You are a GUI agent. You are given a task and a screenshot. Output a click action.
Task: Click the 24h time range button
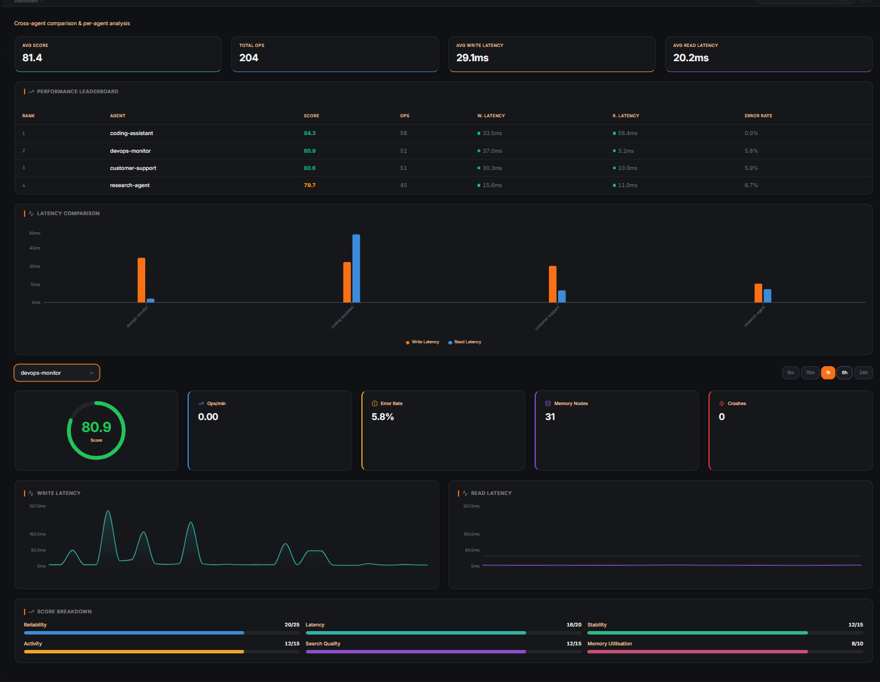[863, 372]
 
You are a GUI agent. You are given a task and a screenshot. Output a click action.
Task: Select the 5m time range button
[790, 372]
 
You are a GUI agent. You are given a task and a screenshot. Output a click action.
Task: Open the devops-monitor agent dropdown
[57, 373]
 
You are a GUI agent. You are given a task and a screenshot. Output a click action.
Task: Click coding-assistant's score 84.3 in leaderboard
[309, 133]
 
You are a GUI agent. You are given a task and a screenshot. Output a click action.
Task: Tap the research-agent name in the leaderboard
[130, 185]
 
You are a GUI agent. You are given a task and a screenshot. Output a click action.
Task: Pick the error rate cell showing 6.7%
[751, 185]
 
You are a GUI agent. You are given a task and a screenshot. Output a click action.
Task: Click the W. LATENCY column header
[491, 116]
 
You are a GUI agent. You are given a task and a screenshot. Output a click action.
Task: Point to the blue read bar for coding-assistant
[356, 268]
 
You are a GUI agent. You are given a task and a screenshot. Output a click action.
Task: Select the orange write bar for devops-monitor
[141, 280]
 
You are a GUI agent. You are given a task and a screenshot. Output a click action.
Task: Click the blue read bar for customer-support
[562, 296]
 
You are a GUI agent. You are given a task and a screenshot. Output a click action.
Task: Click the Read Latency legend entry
[467, 342]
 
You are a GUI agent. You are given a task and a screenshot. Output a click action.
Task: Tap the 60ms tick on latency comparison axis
[35, 233]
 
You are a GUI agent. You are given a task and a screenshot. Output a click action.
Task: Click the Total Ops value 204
[249, 58]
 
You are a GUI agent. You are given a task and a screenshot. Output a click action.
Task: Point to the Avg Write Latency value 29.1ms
[472, 58]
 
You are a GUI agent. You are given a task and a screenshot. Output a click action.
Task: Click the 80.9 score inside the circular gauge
[96, 427]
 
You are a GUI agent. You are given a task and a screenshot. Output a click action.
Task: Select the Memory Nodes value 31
[550, 417]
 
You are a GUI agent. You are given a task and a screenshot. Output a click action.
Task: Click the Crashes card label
[736, 403]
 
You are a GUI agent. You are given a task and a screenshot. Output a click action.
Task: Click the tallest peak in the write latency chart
[108, 511]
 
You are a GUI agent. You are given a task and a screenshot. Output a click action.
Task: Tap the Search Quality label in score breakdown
[322, 644]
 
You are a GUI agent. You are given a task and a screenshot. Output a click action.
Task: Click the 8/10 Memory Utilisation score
[857, 644]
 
